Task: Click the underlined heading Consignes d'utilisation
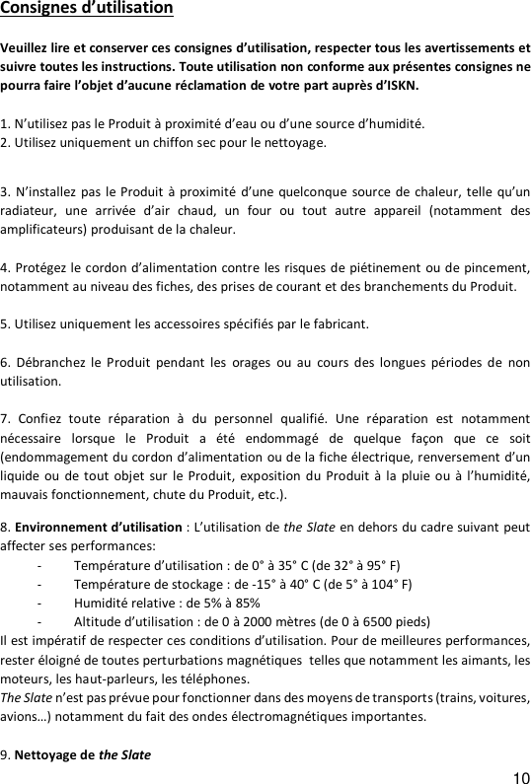tap(87, 9)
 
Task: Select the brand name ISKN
tap(399, 86)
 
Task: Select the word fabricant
tap(339, 322)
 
